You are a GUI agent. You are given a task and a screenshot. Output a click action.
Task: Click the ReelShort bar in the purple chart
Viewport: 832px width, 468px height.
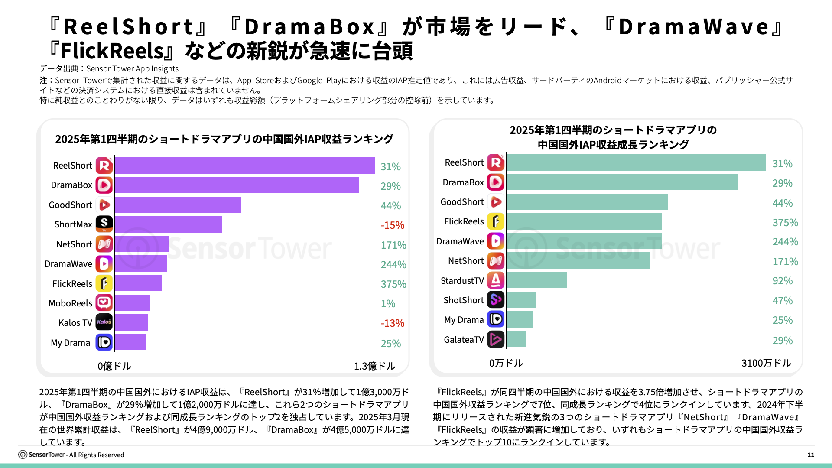[244, 166]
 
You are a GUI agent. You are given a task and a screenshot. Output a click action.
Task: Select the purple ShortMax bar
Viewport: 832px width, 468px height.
[169, 224]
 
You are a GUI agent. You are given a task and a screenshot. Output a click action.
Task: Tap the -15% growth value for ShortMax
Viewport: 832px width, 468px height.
[392, 225]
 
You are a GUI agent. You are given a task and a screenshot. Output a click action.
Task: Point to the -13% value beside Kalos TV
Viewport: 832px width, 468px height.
[392, 323]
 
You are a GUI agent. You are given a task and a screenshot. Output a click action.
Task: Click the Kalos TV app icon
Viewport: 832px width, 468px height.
[104, 322]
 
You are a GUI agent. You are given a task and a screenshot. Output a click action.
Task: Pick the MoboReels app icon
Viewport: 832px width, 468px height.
[104, 303]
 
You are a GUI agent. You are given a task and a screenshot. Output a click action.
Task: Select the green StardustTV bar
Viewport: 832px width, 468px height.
[536, 280]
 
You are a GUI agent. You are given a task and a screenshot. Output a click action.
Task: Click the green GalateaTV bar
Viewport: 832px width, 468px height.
[516, 339]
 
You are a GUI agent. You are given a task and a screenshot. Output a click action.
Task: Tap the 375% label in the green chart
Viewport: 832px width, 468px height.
[785, 223]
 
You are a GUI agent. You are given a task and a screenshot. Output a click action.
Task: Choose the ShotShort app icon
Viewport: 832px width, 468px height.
[496, 300]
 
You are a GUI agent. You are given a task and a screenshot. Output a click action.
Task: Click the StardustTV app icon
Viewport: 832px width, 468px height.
[496, 280]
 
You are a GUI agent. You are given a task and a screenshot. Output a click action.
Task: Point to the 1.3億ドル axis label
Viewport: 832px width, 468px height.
[374, 366]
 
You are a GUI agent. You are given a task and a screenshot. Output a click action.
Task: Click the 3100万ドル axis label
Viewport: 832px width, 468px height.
[766, 363]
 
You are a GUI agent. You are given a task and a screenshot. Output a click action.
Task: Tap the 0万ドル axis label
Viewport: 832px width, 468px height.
[506, 363]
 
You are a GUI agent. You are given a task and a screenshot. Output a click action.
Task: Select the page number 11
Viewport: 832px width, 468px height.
[810, 455]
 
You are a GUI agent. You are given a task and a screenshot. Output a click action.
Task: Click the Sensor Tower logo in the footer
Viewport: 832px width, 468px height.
[23, 455]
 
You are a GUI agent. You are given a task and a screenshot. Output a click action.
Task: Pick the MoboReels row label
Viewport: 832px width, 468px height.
[70, 303]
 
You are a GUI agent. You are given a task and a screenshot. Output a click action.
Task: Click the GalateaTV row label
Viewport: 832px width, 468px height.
[463, 340]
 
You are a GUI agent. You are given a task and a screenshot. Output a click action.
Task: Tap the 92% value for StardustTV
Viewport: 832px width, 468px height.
[782, 281]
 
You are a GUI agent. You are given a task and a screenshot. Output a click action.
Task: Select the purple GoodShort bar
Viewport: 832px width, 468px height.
[178, 205]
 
